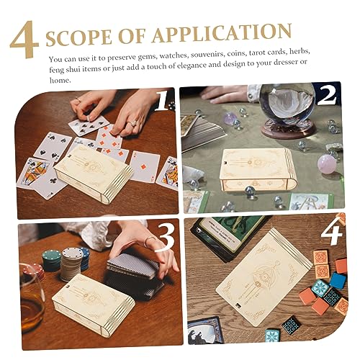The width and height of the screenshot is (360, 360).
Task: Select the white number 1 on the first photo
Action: [x=162, y=103]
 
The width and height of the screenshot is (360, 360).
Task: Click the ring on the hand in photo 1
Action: [x=132, y=123]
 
